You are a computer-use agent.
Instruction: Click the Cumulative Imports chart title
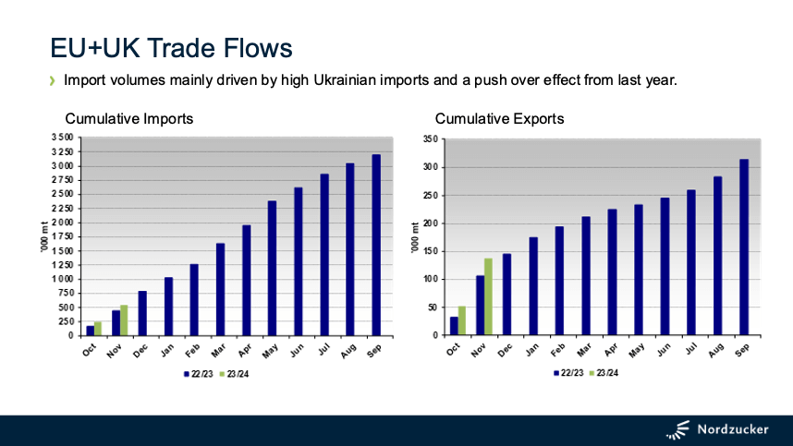coord(129,119)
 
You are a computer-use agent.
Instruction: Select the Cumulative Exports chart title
coord(499,119)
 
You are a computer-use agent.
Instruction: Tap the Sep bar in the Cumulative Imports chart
coord(376,245)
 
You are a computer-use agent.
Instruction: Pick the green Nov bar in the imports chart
coord(124,319)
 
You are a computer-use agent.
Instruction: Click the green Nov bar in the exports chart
coord(488,296)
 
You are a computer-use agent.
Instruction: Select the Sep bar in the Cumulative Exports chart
coord(744,247)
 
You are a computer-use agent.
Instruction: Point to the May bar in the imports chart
coord(272,268)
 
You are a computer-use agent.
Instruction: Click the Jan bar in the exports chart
coord(533,286)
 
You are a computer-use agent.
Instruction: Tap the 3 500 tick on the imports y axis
coord(61,138)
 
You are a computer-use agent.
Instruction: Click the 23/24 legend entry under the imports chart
coord(236,374)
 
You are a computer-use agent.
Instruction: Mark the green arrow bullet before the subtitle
coord(53,80)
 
